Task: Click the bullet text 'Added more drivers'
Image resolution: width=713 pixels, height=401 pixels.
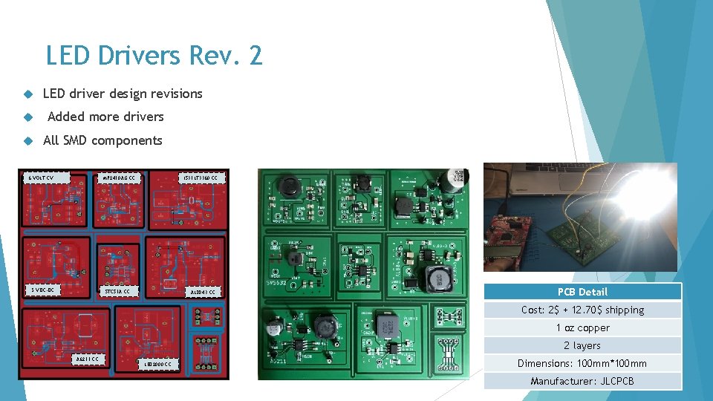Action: pos(105,117)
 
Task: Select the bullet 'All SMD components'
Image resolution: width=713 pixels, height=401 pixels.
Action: pos(102,140)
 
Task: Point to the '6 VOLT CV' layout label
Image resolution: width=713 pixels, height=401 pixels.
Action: pos(42,178)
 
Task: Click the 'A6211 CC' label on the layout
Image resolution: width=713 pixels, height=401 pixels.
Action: pos(88,359)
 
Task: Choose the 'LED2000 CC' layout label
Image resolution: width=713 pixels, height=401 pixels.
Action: pos(158,364)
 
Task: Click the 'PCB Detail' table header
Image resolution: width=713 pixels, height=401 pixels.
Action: pos(582,292)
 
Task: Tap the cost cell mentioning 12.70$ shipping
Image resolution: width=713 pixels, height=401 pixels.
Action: pos(582,310)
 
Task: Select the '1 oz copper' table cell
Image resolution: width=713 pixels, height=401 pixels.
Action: pos(582,327)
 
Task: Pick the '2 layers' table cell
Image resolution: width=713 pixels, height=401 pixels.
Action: pos(582,345)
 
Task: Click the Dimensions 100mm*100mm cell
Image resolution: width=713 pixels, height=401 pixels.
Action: pos(582,363)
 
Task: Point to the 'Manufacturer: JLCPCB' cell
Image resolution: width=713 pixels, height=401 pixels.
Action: pos(582,381)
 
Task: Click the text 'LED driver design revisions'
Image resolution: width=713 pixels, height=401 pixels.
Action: pos(123,94)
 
